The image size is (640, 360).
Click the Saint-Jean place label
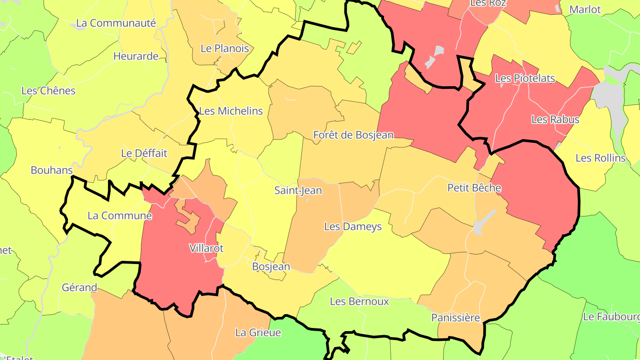(298, 191)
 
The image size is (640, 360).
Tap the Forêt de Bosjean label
(353, 135)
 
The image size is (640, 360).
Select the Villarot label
(207, 248)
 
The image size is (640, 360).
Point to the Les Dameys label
(353, 227)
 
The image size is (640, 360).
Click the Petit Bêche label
(474, 188)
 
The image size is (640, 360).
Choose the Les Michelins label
(231, 111)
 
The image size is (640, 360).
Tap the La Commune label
(120, 216)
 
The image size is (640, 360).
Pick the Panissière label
(456, 318)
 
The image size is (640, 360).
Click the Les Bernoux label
(360, 301)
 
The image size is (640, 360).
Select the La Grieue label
(258, 332)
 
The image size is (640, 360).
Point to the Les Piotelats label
(525, 79)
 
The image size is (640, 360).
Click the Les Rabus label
(556, 120)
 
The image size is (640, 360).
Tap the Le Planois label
(225, 48)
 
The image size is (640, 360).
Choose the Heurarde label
(136, 56)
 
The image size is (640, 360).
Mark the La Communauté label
(116, 23)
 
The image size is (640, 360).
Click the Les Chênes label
(48, 91)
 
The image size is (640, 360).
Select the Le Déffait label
(144, 153)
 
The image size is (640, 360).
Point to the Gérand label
(80, 288)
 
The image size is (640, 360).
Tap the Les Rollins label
(600, 158)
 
